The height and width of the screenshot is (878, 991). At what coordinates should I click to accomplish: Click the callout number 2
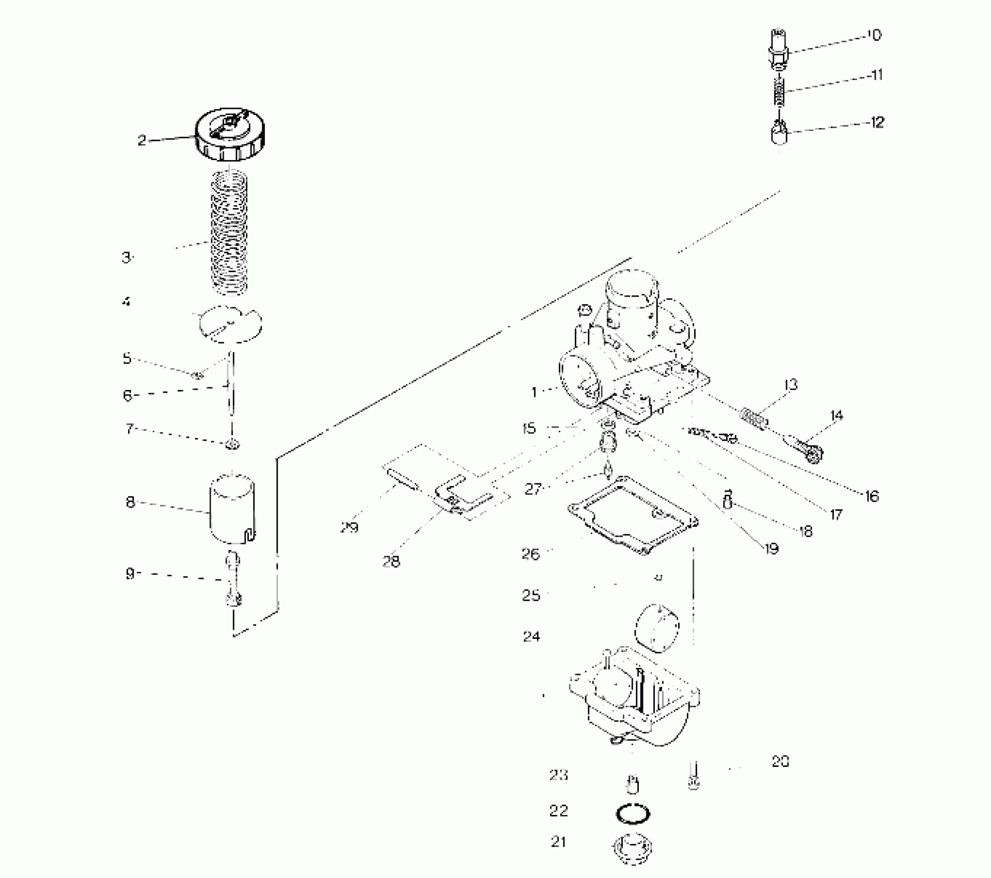141,140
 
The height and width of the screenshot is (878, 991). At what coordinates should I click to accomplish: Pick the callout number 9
130,573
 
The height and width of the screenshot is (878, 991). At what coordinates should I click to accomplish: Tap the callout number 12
877,122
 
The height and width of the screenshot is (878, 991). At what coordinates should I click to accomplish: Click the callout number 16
872,496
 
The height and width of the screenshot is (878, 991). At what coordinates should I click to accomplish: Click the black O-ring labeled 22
633,814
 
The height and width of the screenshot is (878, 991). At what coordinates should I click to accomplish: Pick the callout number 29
349,528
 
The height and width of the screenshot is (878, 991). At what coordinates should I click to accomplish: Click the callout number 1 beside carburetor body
534,393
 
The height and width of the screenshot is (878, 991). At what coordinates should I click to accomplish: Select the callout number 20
780,761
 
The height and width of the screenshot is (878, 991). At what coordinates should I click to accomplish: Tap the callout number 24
531,636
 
